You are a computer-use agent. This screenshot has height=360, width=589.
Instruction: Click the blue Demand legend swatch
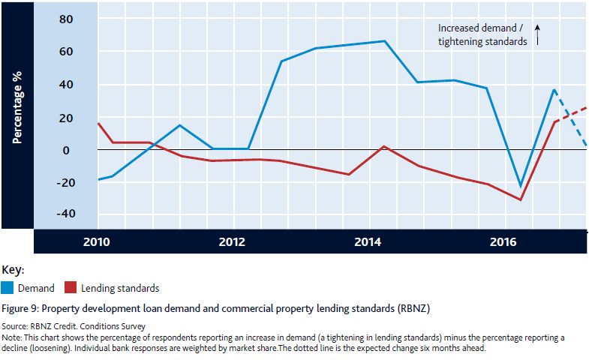click(x=8, y=287)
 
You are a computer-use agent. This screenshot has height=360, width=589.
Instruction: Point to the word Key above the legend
click(x=13, y=269)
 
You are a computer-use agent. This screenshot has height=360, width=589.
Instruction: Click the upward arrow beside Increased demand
click(x=538, y=34)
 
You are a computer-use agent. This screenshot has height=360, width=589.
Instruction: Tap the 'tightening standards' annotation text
click(x=482, y=41)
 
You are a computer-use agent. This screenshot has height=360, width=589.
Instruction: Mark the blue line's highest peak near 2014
click(x=385, y=41)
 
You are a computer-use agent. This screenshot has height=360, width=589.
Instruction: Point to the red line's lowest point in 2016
click(x=521, y=200)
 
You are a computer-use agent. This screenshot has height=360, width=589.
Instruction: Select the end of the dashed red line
click(x=586, y=108)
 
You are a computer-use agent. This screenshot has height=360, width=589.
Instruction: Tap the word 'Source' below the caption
click(x=15, y=328)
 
